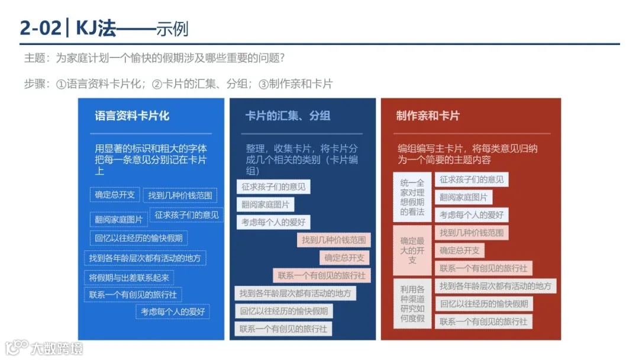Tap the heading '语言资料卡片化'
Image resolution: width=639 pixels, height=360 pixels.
(132, 116)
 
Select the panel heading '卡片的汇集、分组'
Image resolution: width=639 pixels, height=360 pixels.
(288, 116)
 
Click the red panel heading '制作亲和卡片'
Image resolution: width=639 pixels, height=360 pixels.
(427, 116)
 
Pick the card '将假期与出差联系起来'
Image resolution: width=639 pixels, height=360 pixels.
(129, 278)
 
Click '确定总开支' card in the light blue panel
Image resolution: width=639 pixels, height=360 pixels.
(115, 194)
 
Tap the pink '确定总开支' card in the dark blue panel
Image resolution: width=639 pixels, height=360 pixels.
(344, 258)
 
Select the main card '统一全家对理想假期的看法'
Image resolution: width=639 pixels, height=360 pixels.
(412, 197)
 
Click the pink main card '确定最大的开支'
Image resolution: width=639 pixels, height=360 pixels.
(412, 250)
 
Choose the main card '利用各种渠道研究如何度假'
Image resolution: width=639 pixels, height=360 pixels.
(412, 303)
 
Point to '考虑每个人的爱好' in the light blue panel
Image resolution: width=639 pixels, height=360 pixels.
(172, 311)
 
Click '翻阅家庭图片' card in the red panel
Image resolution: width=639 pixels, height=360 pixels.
(463, 197)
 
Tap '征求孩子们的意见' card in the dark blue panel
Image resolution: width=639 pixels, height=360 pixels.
(273, 187)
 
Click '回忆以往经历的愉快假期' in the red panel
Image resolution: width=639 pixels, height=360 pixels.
(483, 304)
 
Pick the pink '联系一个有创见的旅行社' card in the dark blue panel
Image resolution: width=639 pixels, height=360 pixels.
(321, 275)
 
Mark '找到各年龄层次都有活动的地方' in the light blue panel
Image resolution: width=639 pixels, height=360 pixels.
(145, 258)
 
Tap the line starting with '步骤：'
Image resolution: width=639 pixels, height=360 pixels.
(177, 84)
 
